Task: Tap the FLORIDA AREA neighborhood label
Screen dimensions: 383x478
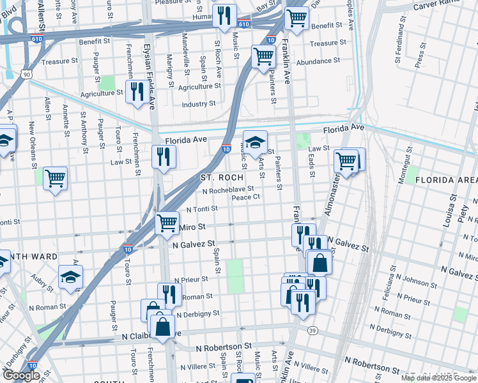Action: tap(446, 180)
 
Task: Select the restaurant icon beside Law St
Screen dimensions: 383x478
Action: tap(164, 156)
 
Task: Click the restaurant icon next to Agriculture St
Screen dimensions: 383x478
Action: tap(135, 91)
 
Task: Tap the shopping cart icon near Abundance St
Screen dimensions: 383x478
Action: tap(263, 57)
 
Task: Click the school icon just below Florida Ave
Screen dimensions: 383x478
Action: tap(255, 143)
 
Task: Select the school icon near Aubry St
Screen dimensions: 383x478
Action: tap(70, 277)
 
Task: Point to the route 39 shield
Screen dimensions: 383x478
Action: tap(312, 330)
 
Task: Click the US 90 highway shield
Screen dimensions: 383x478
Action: tap(26, 75)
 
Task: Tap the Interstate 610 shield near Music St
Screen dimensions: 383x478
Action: tap(243, 24)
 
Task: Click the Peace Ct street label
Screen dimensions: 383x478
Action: tap(245, 197)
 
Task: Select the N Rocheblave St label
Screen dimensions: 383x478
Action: tap(228, 190)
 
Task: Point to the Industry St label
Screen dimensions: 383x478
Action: tap(199, 104)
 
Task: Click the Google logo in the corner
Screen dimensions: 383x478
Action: tap(21, 375)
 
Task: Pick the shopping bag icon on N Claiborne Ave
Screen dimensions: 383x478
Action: tap(164, 326)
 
